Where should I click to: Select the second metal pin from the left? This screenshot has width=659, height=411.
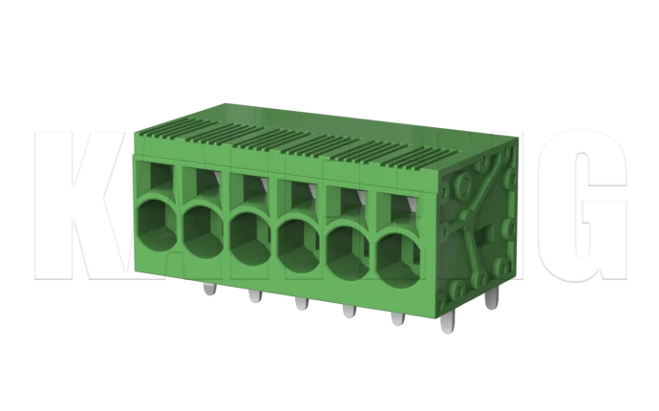pos(253,296)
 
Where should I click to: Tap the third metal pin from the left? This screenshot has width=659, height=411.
pos(300,304)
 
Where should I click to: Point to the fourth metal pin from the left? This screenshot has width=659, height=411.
pos(348,312)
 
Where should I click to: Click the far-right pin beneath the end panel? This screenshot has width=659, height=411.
pos(491,299)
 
